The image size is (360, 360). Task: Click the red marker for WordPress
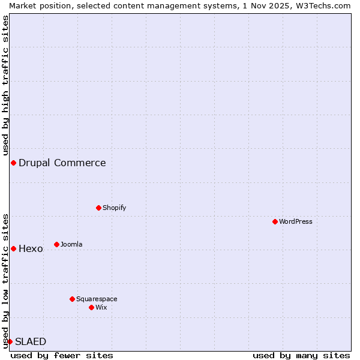(275, 221)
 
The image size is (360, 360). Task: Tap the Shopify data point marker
(98, 208)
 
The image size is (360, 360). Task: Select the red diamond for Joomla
(56, 244)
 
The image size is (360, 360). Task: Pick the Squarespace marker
(72, 299)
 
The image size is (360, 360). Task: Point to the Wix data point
(91, 307)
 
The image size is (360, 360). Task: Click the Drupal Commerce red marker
(13, 163)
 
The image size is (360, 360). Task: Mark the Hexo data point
(13, 248)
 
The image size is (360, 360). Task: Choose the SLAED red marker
(10, 341)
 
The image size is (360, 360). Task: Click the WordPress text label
(296, 221)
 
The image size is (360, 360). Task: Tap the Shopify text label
(114, 208)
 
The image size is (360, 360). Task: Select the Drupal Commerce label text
(62, 163)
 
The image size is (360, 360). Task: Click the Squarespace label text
(97, 299)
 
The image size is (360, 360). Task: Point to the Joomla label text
(71, 244)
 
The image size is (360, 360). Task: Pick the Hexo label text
(31, 248)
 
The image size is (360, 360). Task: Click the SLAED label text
(31, 341)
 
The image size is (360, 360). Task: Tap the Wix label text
(101, 307)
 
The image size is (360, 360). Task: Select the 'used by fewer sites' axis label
(62, 355)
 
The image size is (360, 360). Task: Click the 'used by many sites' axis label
(301, 355)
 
